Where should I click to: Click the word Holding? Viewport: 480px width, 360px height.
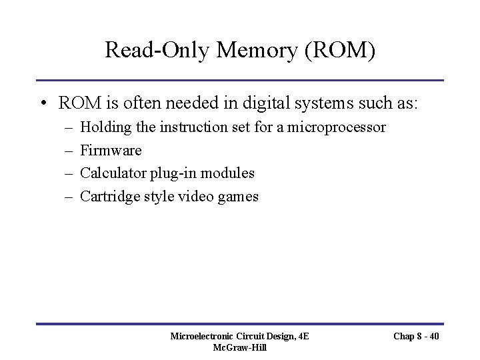coord(103,127)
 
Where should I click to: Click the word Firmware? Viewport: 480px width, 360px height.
coord(111,150)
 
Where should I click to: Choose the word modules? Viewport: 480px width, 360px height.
coord(230,173)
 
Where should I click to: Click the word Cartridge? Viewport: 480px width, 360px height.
coord(111,197)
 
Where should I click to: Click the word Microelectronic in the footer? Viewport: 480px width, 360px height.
coord(205,337)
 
